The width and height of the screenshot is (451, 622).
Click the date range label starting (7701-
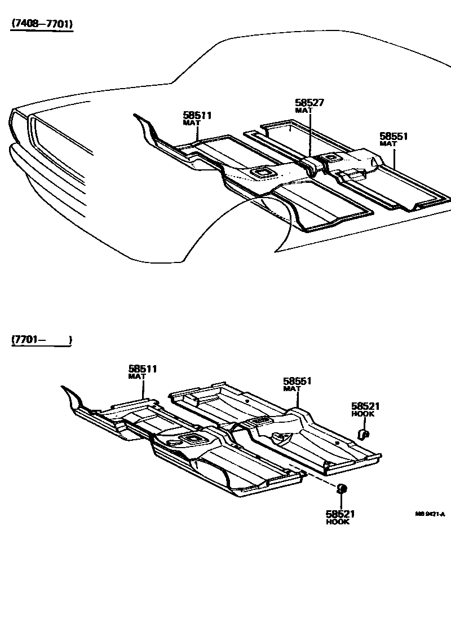tap(41, 340)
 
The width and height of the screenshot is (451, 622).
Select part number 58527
tap(309, 103)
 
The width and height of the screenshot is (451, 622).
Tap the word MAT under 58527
tap(303, 111)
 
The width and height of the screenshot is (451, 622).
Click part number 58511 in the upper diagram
tap(197, 115)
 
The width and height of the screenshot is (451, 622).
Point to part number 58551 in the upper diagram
tap(393, 137)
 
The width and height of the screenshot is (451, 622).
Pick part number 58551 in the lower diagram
tap(297, 382)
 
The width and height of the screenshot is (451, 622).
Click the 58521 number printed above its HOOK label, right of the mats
tap(365, 406)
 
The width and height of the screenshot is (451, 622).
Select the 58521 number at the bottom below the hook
tap(340, 514)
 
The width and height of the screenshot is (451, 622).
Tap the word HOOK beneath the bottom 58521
tap(338, 522)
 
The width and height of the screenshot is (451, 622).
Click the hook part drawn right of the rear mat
tap(364, 433)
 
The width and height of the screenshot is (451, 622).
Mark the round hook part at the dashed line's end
tap(341, 489)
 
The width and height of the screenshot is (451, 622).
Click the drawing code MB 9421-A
tap(430, 514)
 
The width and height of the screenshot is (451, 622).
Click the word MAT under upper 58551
tap(388, 144)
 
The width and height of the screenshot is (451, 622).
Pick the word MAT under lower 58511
tap(136, 376)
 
